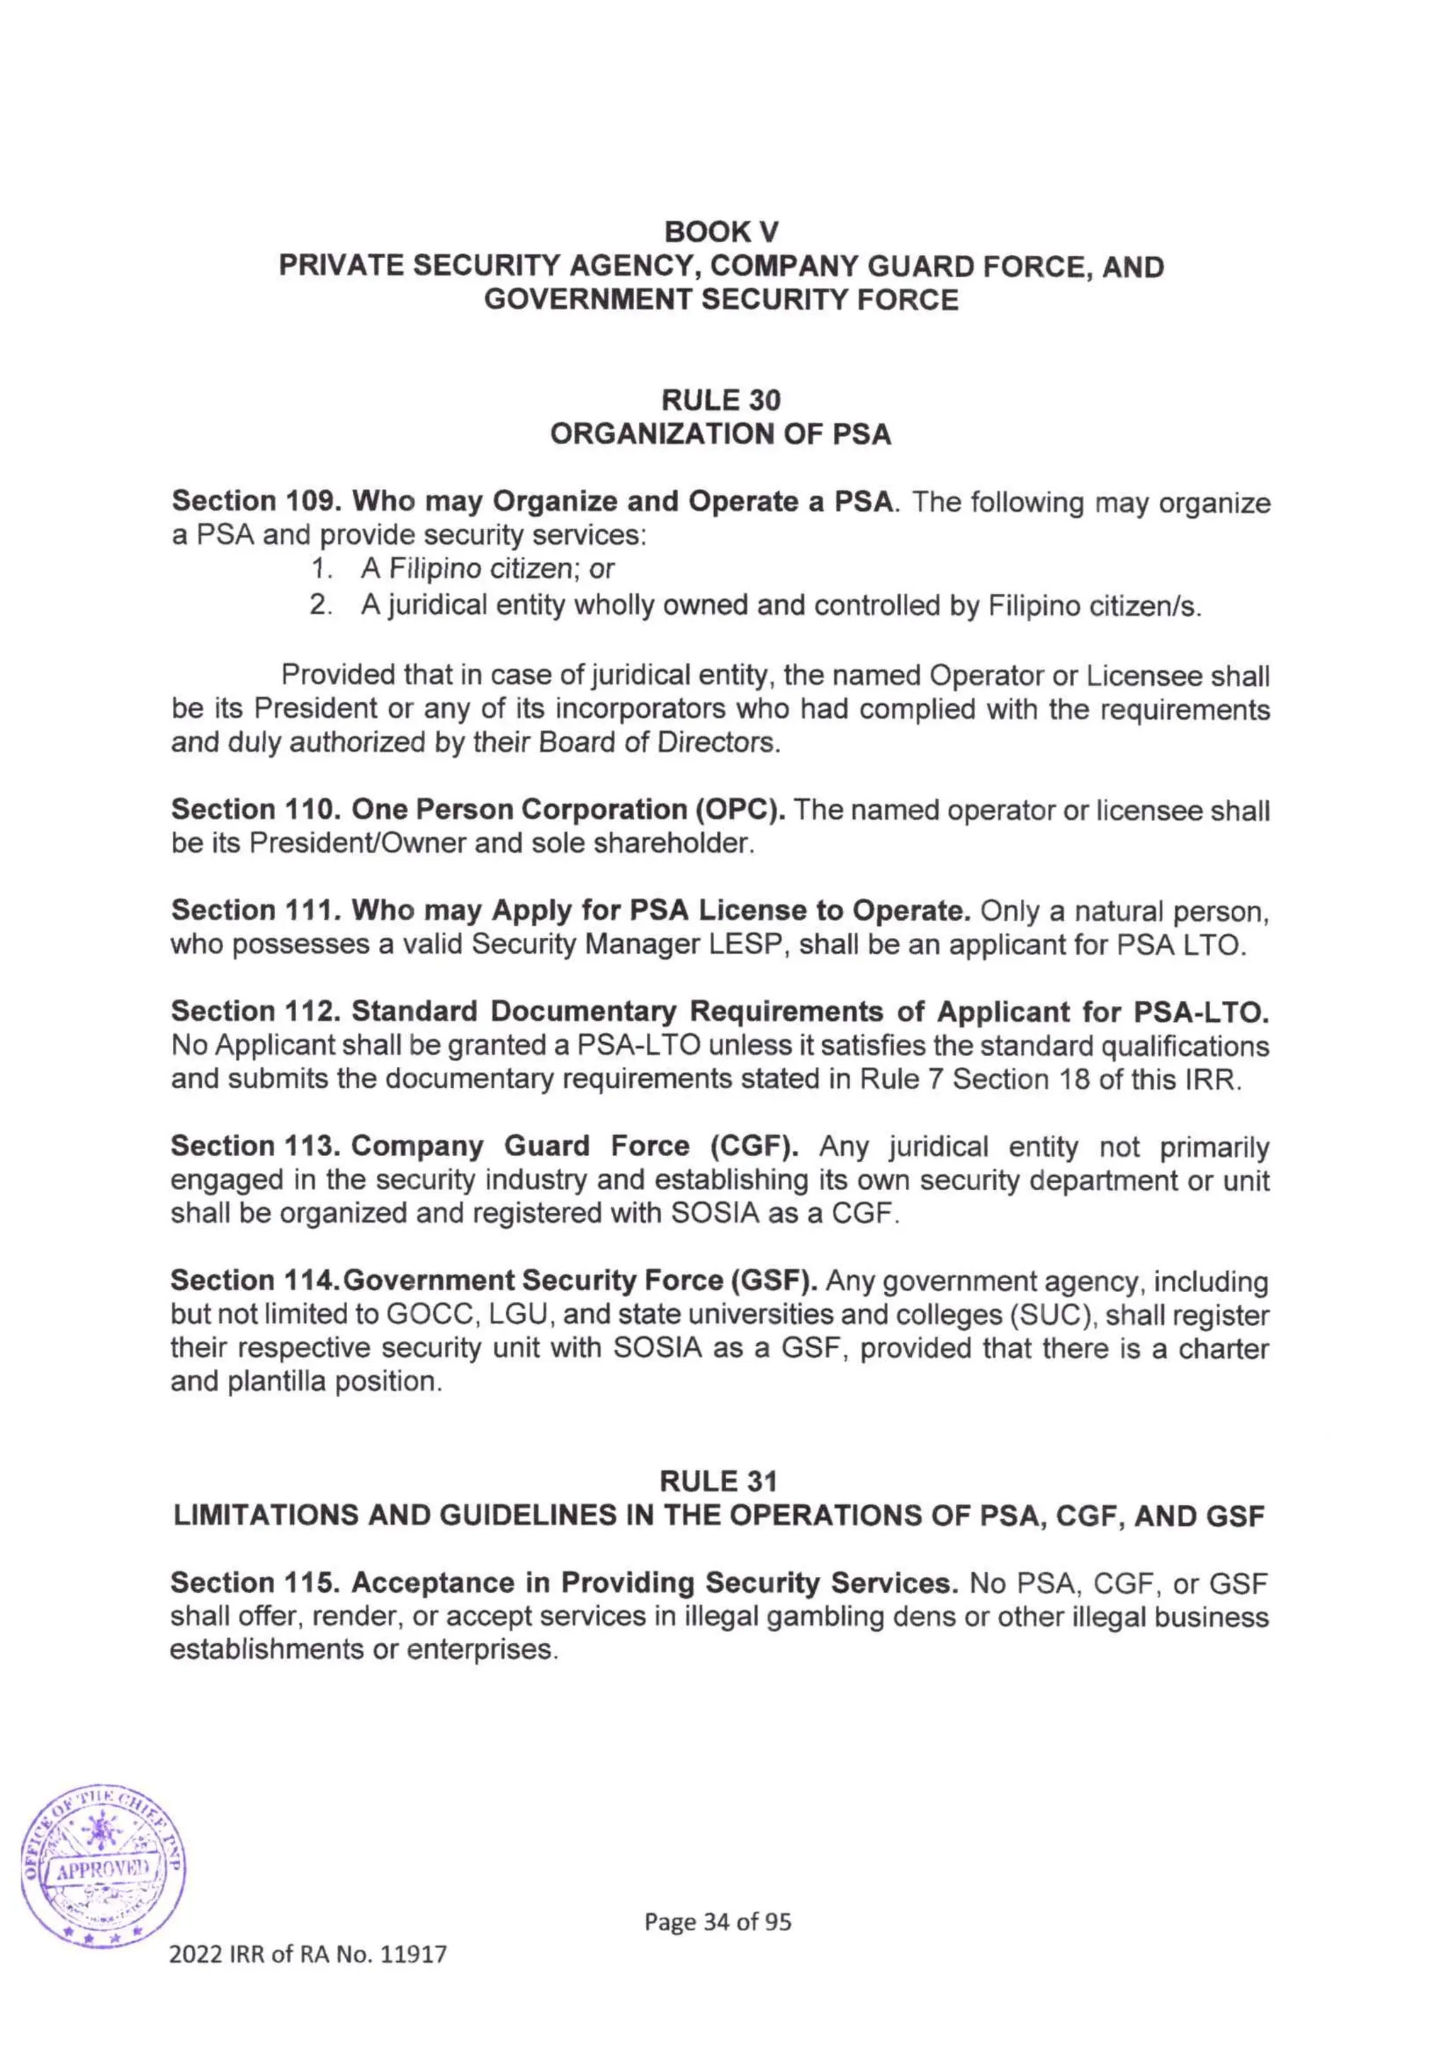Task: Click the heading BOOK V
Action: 721,232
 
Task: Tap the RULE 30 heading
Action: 721,400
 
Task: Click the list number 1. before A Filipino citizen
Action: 320,570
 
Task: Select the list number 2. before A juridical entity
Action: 320,606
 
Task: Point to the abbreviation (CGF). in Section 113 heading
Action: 755,1146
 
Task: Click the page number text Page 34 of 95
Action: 718,1921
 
